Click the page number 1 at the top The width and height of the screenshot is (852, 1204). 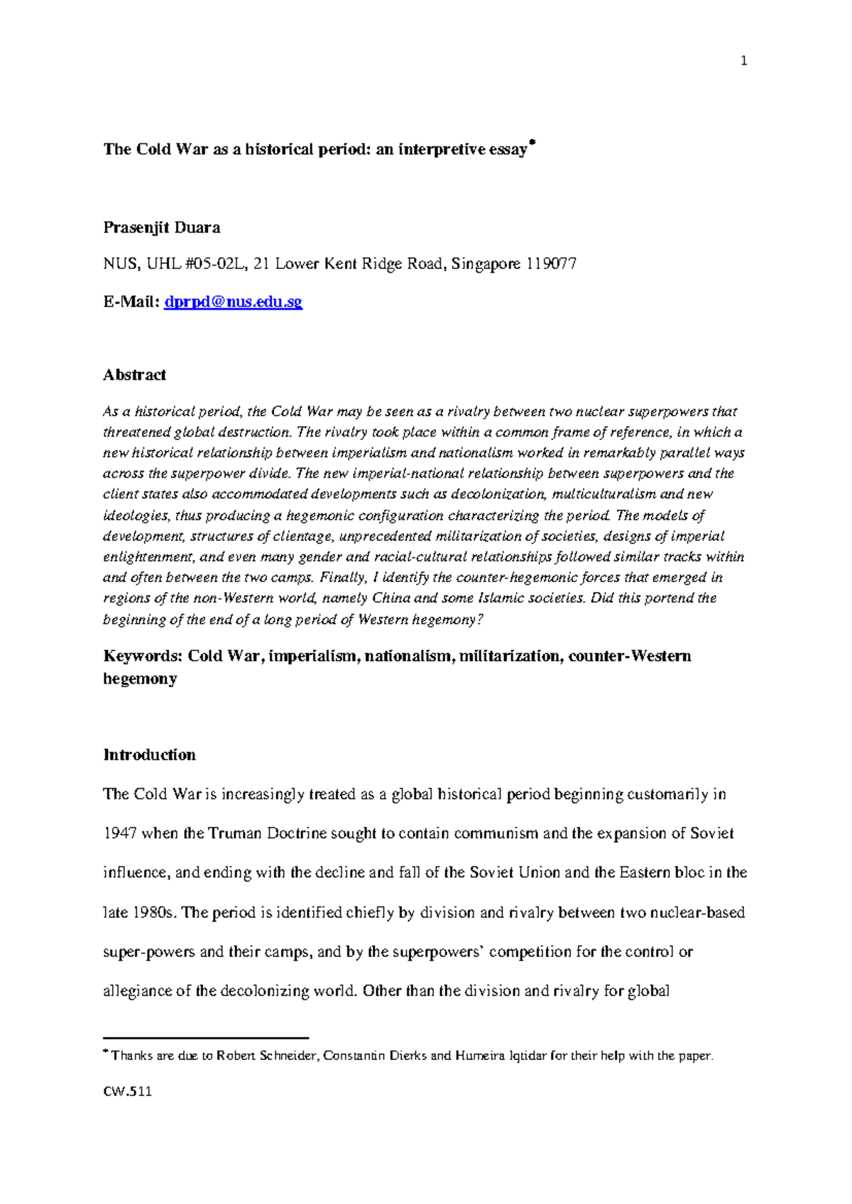click(743, 61)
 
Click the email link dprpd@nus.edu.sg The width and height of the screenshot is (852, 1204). click(233, 302)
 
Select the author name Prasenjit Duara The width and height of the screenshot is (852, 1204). click(162, 228)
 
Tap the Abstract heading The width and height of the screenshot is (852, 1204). click(134, 375)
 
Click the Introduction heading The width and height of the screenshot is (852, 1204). click(149, 755)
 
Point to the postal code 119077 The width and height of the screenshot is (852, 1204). click(551, 265)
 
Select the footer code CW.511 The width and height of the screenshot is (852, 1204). click(128, 1092)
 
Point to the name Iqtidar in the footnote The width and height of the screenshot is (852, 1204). click(528, 1056)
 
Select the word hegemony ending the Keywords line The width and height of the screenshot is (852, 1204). click(140, 679)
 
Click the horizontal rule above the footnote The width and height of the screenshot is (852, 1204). click(206, 1038)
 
